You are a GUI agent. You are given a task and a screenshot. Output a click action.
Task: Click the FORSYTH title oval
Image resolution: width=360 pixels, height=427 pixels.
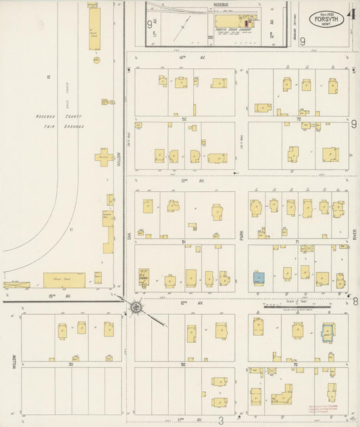328,20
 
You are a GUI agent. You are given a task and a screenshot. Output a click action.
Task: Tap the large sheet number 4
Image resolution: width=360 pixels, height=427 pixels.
352,14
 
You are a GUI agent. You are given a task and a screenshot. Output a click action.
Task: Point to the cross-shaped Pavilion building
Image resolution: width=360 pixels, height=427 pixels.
104,157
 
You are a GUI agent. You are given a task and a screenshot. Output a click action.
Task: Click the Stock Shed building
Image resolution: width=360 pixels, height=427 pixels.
65,279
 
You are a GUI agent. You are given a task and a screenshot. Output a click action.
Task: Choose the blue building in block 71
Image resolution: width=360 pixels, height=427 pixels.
258,276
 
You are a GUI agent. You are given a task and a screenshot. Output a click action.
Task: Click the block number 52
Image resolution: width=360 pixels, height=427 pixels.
184,118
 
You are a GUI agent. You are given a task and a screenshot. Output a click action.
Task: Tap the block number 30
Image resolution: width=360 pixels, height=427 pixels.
70,363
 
